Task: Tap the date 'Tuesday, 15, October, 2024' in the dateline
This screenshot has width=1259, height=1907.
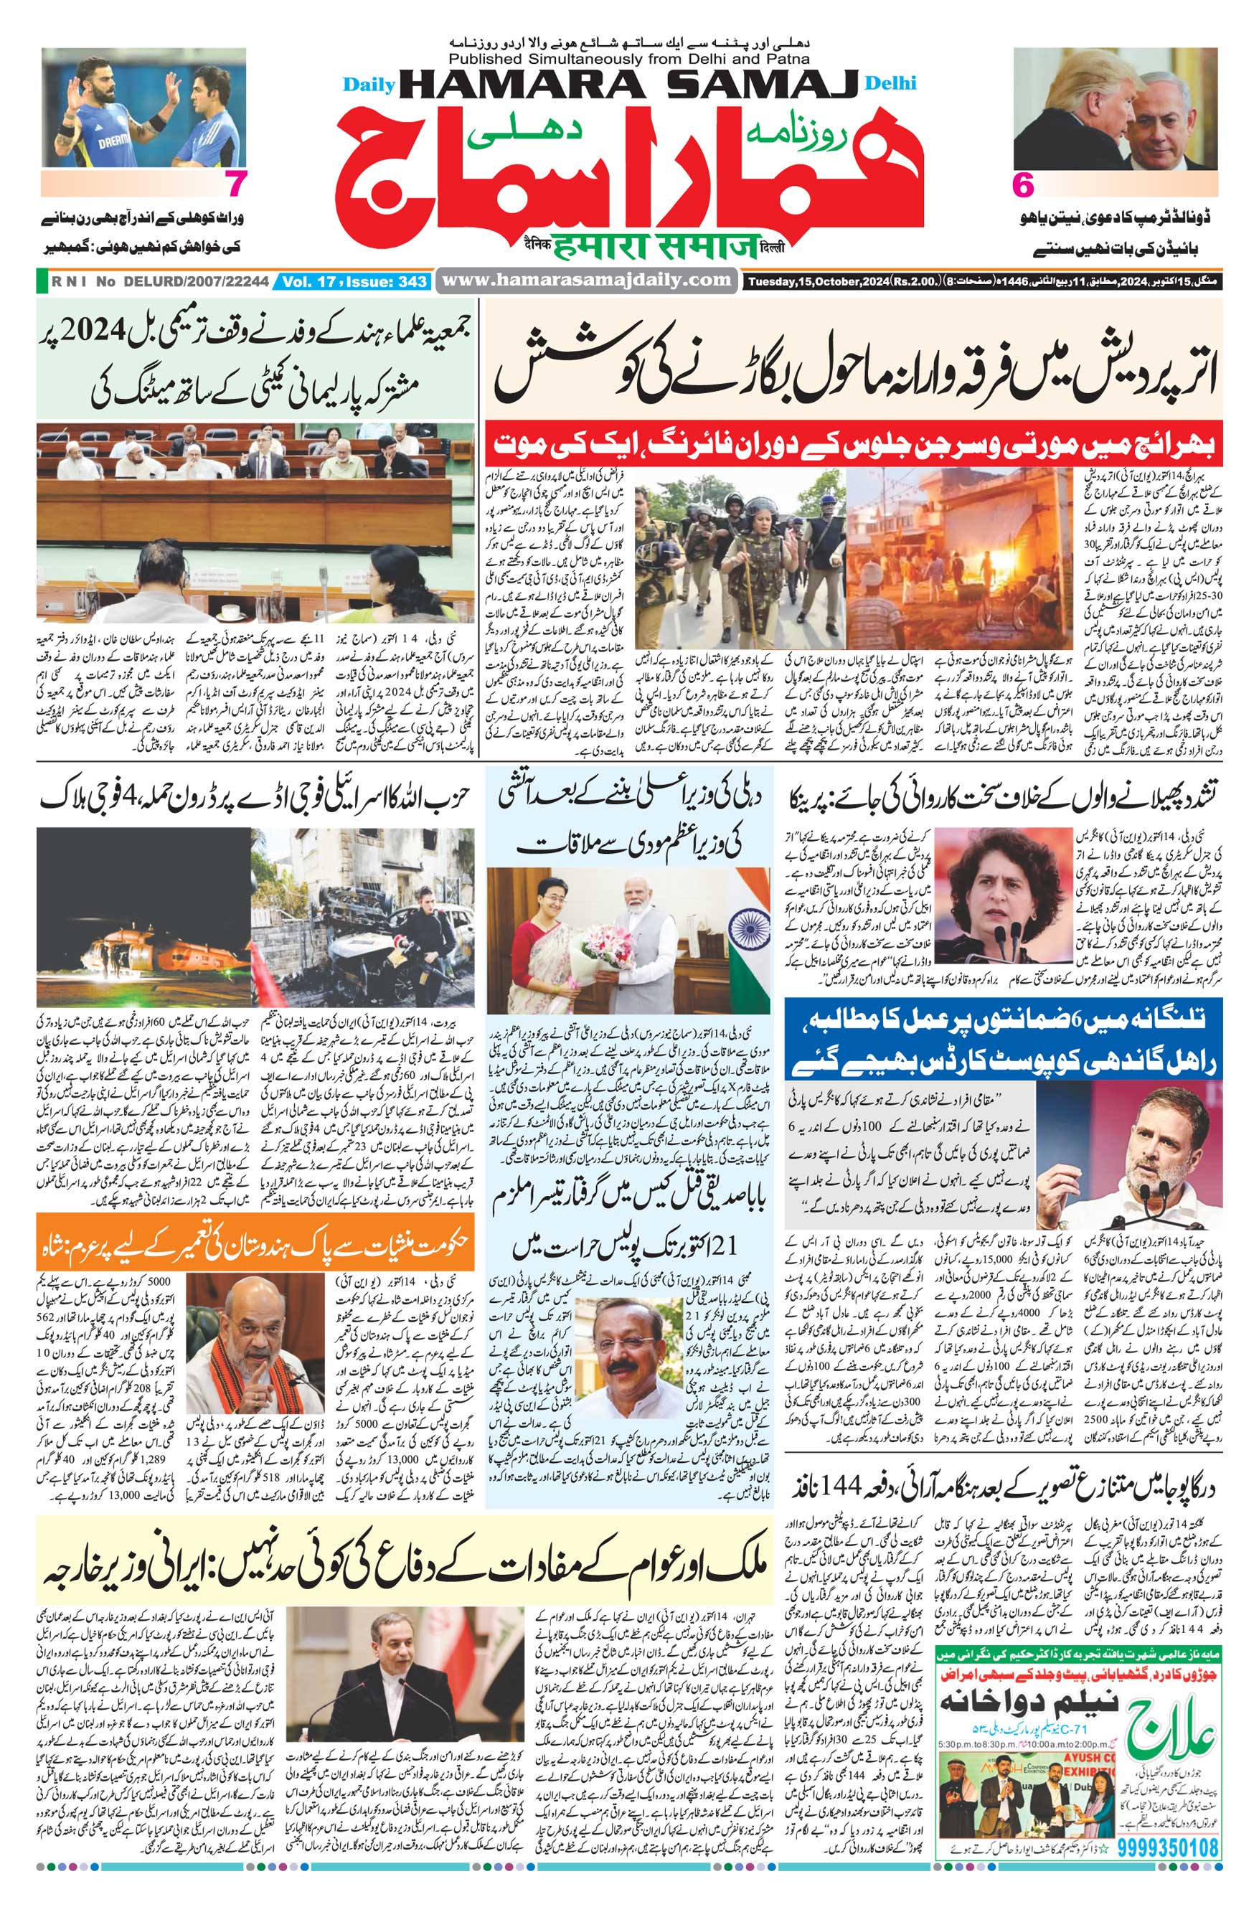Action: (813, 282)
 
